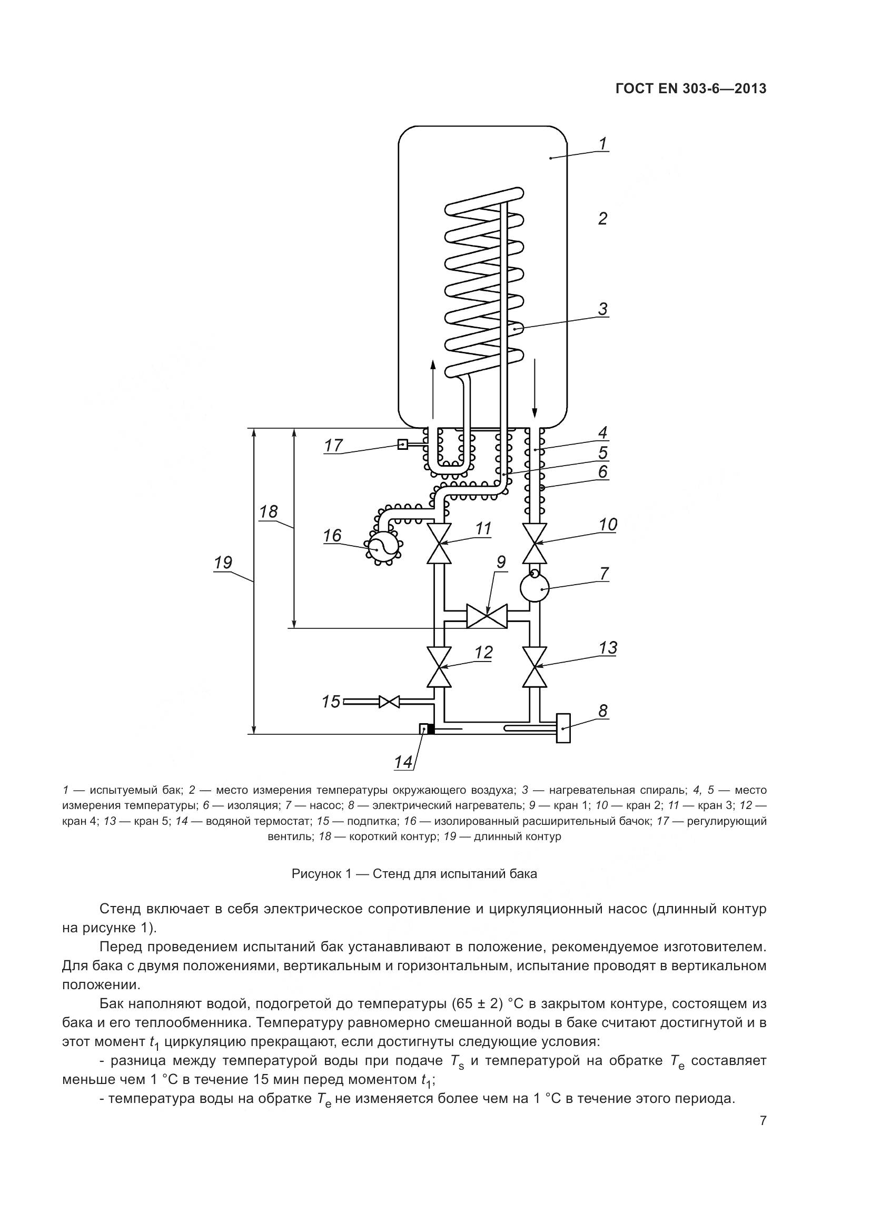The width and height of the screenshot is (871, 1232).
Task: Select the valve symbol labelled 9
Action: pos(487,616)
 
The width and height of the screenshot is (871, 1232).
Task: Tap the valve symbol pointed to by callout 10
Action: pos(535,544)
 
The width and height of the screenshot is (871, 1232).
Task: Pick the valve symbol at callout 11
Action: pos(439,544)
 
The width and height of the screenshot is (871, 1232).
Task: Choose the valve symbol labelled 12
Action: pos(439,667)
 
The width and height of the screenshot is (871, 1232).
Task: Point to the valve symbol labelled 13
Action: pos(535,667)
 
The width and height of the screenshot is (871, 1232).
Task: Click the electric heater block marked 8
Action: pos(563,728)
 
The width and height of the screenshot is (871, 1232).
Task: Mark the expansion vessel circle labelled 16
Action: pos(382,547)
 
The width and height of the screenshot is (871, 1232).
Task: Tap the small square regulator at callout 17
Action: pos(402,445)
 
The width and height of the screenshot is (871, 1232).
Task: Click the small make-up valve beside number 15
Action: pos(389,701)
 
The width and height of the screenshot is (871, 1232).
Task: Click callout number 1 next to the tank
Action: pos(602,143)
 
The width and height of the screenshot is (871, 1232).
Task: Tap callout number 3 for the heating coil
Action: pos(602,309)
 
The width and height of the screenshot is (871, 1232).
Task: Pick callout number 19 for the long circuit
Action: pos(223,563)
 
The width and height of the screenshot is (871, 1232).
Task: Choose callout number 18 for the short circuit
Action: pos(269,511)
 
